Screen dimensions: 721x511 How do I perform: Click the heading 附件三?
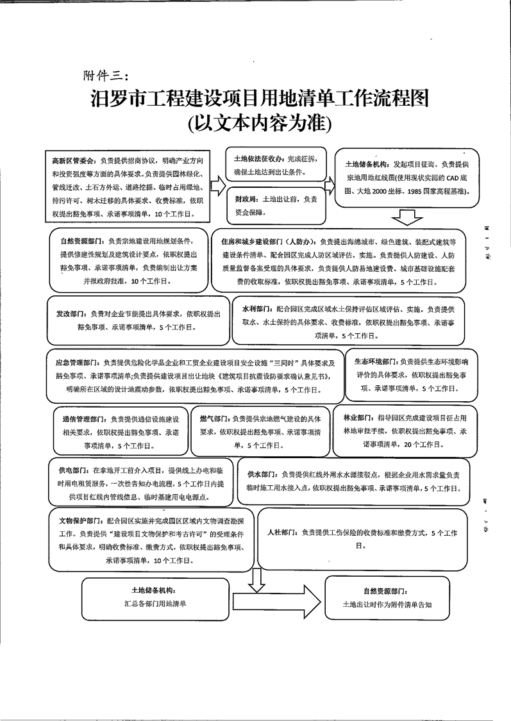tap(106, 76)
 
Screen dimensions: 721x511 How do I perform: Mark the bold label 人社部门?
tap(282, 533)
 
